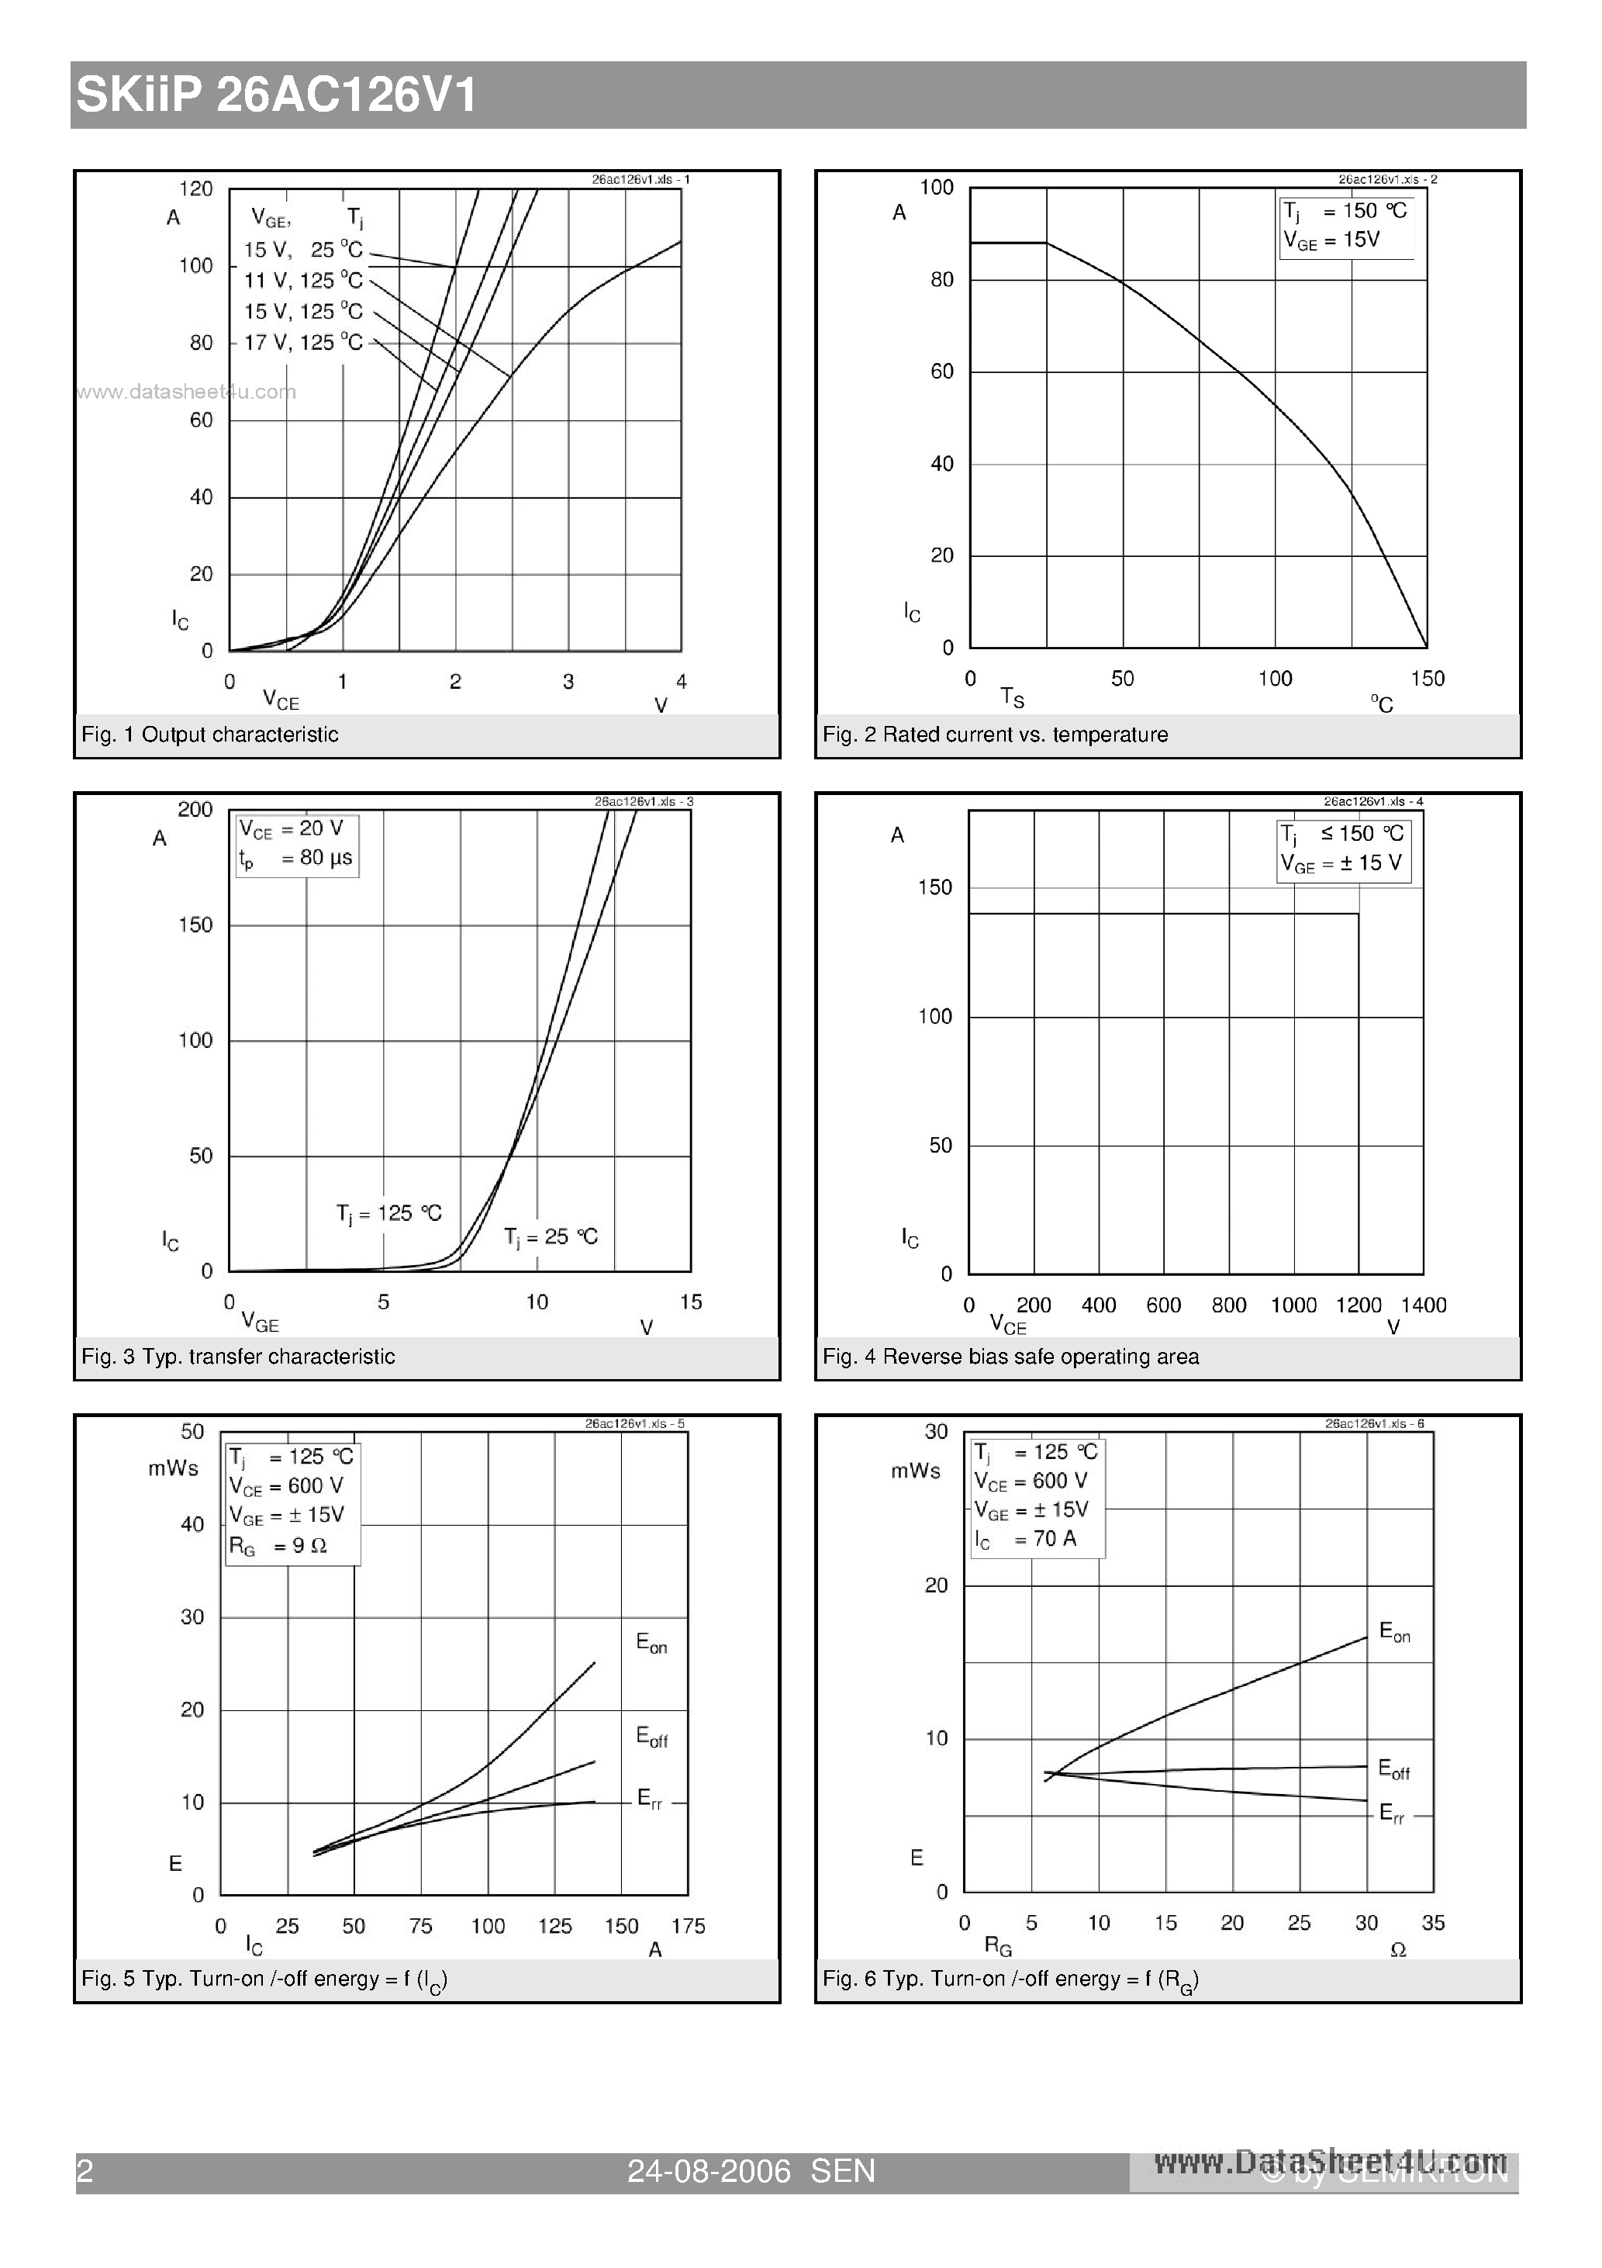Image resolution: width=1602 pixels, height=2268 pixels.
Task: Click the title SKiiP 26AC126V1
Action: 277,96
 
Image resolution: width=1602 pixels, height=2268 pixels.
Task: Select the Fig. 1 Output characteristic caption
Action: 209,735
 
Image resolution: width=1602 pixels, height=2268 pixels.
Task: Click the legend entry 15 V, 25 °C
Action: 303,250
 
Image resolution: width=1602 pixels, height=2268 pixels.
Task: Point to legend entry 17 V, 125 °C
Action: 303,343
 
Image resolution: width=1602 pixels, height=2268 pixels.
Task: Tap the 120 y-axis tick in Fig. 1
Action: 195,188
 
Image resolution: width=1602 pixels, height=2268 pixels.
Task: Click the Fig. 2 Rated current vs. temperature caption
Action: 995,735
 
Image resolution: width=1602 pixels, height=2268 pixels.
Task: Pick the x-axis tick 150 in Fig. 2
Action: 1426,679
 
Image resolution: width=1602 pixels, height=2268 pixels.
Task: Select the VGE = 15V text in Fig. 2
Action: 1331,240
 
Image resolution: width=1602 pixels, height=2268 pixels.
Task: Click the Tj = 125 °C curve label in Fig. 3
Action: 388,1213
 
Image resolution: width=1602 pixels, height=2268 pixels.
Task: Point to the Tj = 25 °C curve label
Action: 550,1236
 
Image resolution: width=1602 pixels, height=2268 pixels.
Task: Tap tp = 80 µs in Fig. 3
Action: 295,859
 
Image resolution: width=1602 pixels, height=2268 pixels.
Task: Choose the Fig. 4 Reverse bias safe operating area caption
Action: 1010,1357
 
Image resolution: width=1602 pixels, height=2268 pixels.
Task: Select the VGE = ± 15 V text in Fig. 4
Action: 1341,863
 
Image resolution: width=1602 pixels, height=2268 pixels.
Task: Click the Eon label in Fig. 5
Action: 651,1644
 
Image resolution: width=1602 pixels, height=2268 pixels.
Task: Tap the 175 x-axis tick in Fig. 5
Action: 688,1926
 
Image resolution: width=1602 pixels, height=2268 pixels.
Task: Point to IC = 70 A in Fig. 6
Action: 1025,1539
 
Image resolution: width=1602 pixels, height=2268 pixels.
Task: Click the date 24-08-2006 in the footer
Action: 708,2171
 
